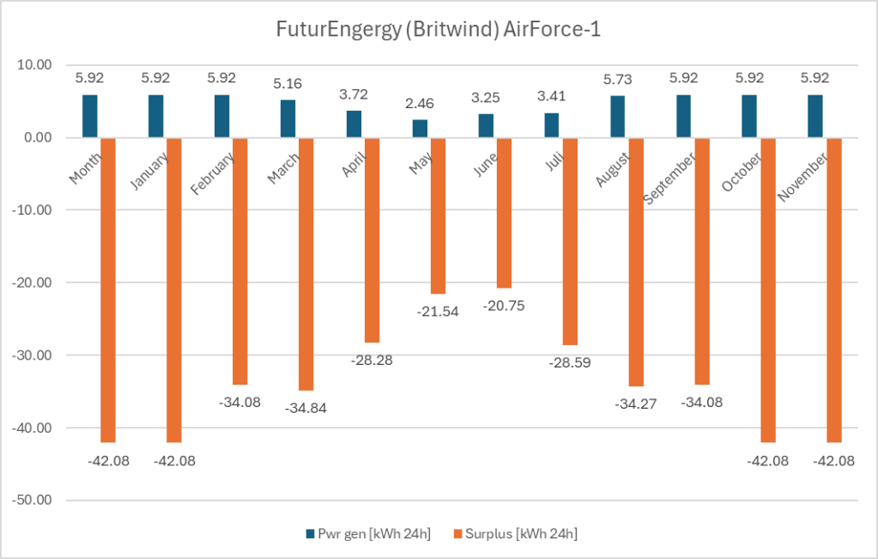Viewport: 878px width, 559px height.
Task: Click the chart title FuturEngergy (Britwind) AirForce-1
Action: tap(439, 29)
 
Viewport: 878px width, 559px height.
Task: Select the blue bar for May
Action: tap(419, 129)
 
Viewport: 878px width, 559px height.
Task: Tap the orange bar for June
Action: tap(504, 212)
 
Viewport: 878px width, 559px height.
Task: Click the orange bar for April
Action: tap(372, 240)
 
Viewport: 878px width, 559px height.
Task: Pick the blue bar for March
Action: tap(287, 118)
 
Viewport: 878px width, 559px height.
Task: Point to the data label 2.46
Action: tap(419, 104)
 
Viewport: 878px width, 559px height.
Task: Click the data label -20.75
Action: tap(504, 305)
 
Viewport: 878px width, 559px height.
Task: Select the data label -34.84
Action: tap(306, 407)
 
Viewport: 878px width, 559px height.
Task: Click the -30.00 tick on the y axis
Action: tap(32, 355)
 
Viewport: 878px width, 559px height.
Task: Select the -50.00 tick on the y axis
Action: tap(32, 501)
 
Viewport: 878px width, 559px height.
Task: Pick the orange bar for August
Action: tap(636, 262)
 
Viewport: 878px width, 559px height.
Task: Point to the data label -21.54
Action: tap(438, 311)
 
